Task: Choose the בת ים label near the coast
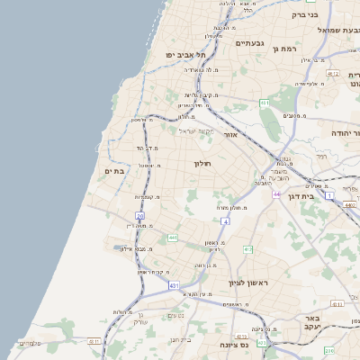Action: tap(114, 170)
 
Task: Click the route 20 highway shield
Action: tap(139, 216)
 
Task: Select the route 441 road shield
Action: tap(171, 238)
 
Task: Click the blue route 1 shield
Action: tap(329, 194)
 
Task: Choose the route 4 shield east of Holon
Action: tap(224, 220)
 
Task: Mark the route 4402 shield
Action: tap(350, 205)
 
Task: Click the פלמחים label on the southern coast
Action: tap(29, 343)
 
